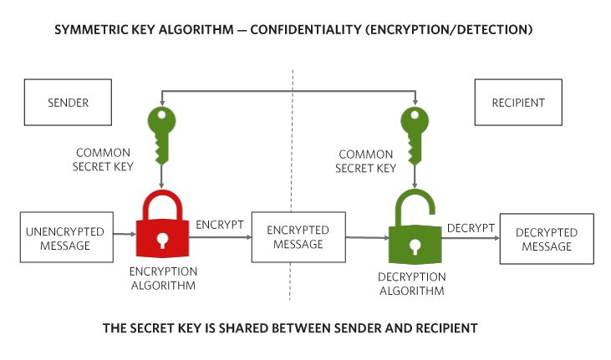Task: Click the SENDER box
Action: pos(68,102)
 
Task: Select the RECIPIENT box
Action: pos(518,102)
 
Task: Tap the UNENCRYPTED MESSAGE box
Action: pos(67,237)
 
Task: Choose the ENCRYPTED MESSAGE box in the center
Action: pos(298,237)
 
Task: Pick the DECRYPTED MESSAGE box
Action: pos(547,238)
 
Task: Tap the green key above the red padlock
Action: pos(161,135)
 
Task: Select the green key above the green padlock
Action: pos(415,135)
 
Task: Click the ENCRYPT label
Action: pos(219,225)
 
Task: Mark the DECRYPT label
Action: pos(471,228)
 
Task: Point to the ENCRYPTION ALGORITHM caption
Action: pos(163,278)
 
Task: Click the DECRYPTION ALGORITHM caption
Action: pos(412,284)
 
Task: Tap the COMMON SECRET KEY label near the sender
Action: pos(103,160)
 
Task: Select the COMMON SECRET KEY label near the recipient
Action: pos(365,161)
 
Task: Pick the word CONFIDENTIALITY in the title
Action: pos(306,29)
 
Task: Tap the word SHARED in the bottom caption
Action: pos(242,328)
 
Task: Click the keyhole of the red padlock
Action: pos(162,240)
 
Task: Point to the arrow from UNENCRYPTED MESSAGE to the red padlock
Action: pos(125,234)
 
